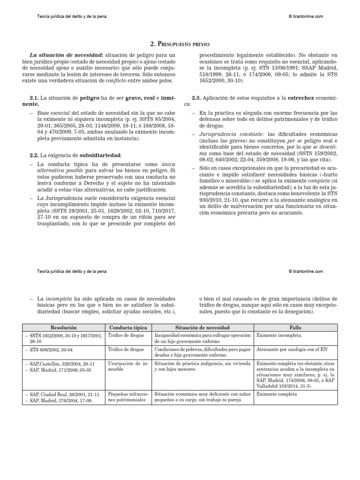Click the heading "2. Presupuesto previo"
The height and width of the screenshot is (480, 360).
point(180,44)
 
